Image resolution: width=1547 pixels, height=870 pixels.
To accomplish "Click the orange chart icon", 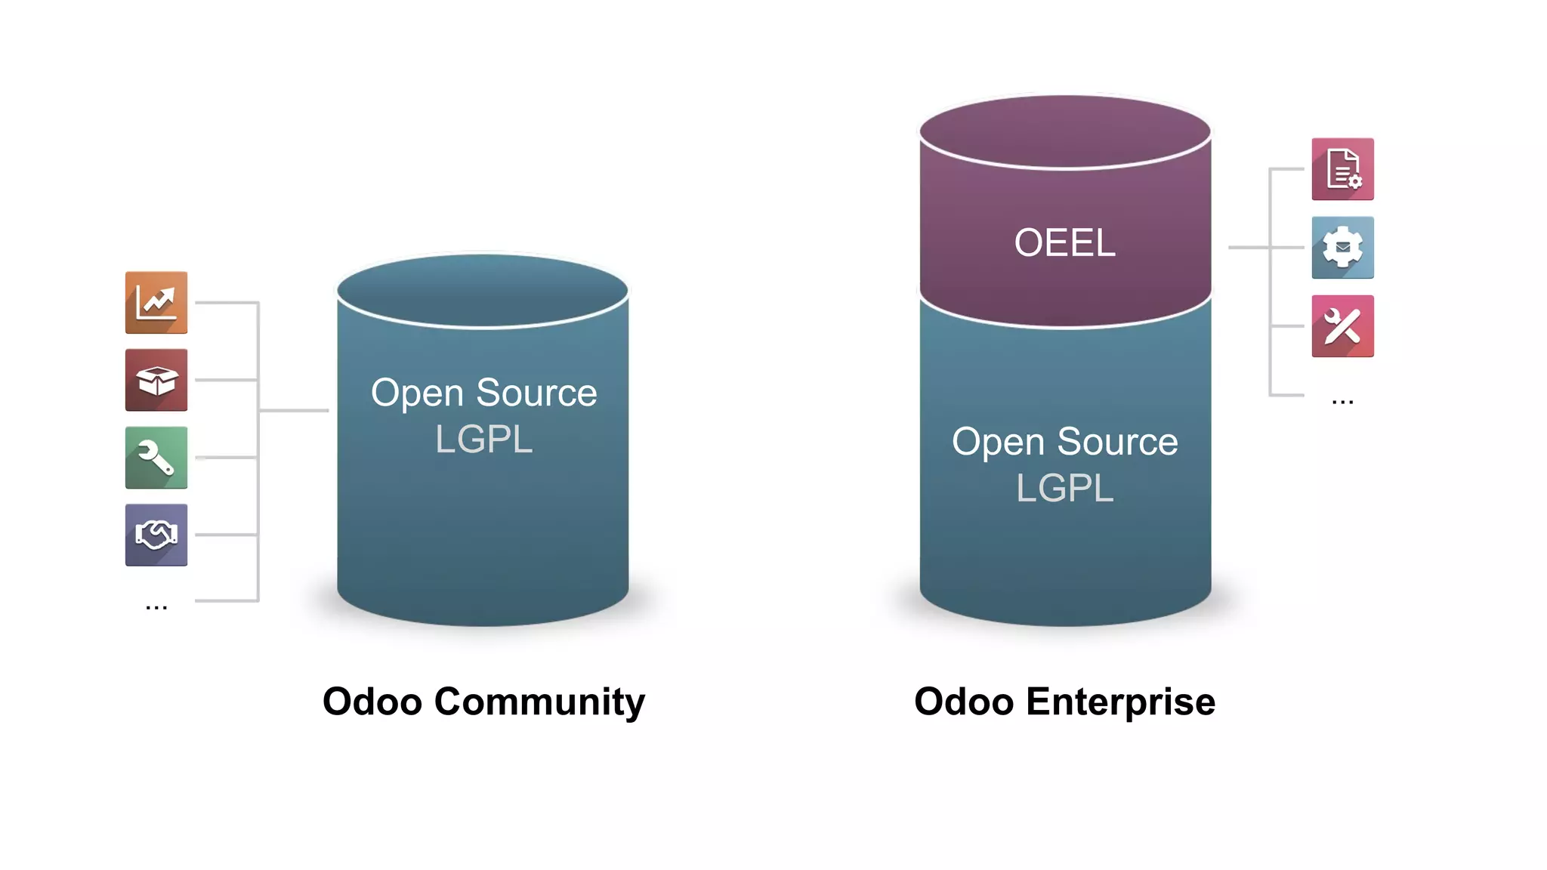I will click(x=156, y=302).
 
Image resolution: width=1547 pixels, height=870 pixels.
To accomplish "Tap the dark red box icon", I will click(x=156, y=380).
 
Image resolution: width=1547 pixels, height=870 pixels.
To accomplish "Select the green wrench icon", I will click(x=156, y=458).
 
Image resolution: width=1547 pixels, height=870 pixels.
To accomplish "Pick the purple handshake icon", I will click(x=156, y=535).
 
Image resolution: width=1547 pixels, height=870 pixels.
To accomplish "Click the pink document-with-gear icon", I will click(x=1342, y=169).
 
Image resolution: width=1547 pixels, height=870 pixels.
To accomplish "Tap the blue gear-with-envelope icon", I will click(x=1342, y=248).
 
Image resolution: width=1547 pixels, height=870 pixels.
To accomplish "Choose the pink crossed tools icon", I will click(x=1342, y=326).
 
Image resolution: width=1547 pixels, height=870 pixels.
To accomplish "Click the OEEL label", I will click(x=1064, y=243).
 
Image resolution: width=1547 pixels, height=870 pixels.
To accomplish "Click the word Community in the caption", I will click(x=539, y=702).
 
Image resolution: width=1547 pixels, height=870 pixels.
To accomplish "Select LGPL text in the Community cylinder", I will click(x=483, y=440).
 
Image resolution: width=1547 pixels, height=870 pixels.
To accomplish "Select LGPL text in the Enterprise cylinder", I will click(x=1064, y=488).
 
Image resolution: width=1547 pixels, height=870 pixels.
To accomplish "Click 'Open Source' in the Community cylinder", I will click(x=483, y=393).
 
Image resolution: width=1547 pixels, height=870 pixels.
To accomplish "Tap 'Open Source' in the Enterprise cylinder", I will click(x=1064, y=442).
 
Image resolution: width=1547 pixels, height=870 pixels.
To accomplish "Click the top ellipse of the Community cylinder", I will click(x=482, y=291).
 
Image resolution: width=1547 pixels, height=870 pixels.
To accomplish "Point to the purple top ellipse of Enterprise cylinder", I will click(x=1064, y=131).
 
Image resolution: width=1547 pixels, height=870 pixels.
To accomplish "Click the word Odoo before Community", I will click(x=372, y=702).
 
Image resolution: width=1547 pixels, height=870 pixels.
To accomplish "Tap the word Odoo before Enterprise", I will click(x=964, y=702).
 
